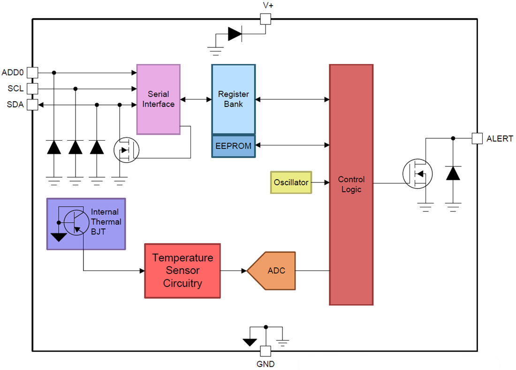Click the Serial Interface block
coord(158,99)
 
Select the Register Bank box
coord(233,99)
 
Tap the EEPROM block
coord(233,146)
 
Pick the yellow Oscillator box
coord(291,182)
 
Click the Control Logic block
coord(351,184)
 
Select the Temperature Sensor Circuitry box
coord(182,271)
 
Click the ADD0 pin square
coord(32,73)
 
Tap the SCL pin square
coord(32,88)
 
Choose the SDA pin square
coord(32,104)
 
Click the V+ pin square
coord(266,19)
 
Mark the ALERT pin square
coord(477,138)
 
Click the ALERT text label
coord(500,139)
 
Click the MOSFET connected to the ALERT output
coord(417,174)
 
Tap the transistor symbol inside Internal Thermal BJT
coord(76,222)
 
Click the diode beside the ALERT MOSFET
coord(453,174)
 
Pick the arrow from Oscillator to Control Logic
coord(320,182)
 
